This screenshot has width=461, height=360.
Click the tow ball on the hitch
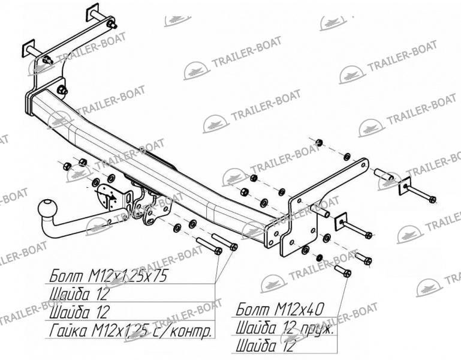pos(47,209)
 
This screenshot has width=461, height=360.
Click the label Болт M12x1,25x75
pos(108,276)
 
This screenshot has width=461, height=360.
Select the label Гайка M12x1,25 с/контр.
pos(131,331)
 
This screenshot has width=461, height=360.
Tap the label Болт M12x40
pos(280,309)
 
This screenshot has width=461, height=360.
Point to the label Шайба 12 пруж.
pos(285,328)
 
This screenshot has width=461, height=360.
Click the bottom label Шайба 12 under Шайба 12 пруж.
pos(265,346)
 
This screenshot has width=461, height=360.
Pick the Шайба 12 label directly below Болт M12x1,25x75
pos(79,294)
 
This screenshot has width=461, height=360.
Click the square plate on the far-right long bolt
pos(405,186)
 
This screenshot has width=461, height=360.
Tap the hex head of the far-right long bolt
pos(432,199)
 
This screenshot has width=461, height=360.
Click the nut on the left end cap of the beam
pos(62,90)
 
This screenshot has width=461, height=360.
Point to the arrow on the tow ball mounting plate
pos(106,194)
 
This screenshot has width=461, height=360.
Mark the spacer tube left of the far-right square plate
pos(384,174)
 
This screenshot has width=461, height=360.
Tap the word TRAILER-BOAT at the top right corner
pos(402,55)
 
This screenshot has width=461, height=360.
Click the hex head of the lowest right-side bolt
pos(347,273)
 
